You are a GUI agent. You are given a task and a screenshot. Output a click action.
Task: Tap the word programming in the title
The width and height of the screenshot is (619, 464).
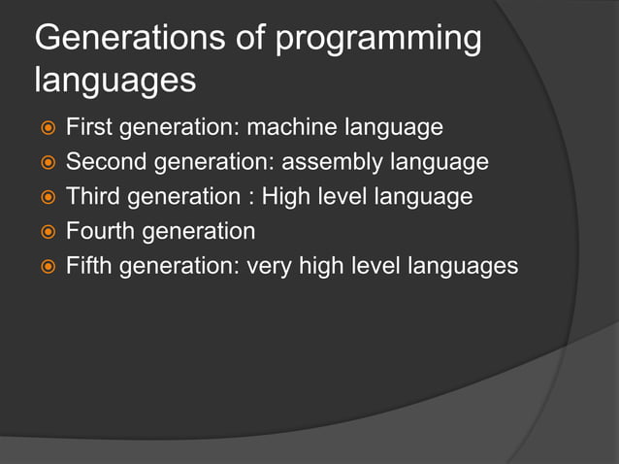(x=379, y=40)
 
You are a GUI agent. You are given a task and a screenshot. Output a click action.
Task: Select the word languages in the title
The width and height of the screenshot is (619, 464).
(x=115, y=82)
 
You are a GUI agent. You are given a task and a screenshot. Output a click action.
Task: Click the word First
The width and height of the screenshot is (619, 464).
(x=86, y=127)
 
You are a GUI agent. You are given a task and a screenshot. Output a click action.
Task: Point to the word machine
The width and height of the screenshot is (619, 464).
(x=290, y=127)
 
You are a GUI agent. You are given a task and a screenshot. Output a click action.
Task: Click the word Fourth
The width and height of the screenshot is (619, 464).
(x=101, y=231)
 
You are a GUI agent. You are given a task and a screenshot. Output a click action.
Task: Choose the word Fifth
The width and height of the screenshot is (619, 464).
(x=88, y=265)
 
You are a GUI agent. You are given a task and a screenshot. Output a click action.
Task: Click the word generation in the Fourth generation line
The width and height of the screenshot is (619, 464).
(x=199, y=232)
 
